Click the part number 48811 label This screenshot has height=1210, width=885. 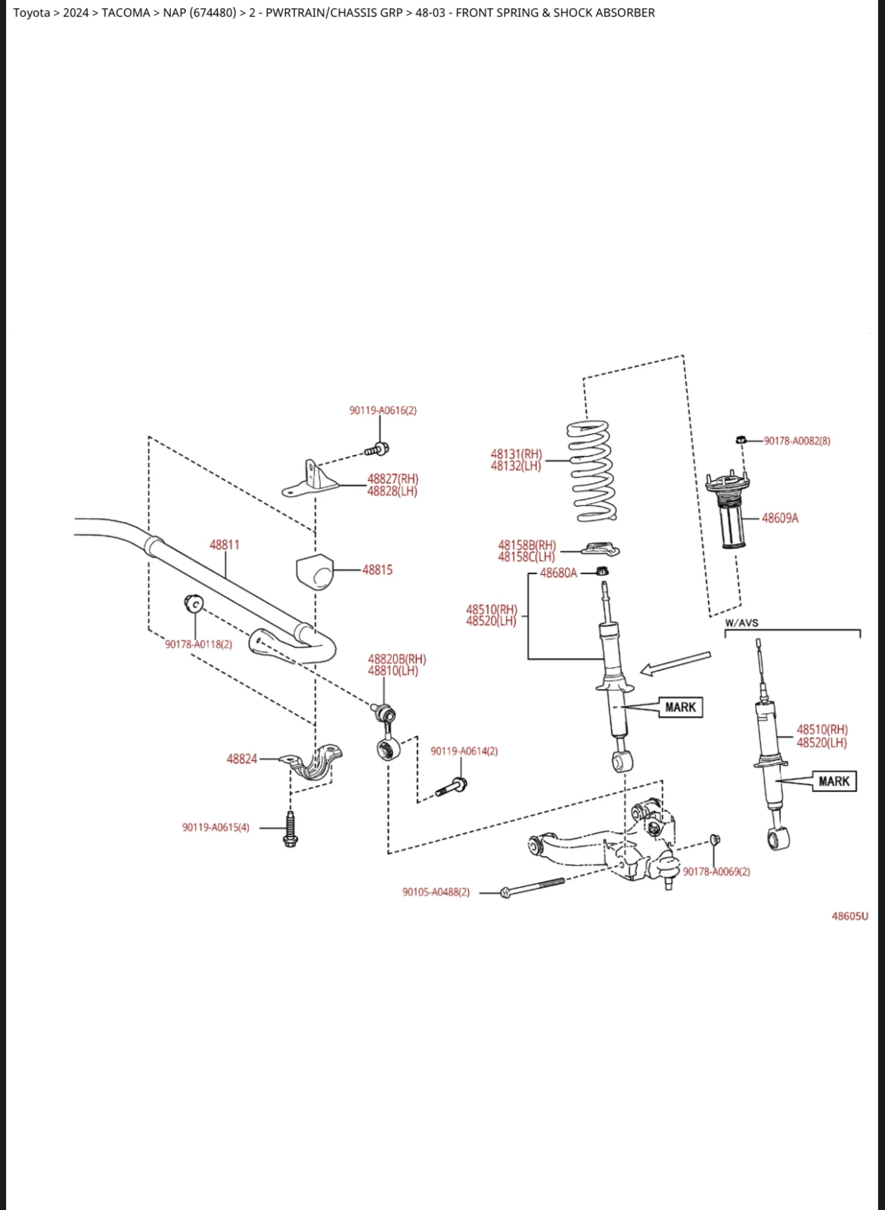coord(224,544)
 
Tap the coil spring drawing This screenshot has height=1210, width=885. coord(592,471)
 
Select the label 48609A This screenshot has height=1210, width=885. coord(780,518)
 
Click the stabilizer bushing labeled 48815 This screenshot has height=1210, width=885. coord(315,571)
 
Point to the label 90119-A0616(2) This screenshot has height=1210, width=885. coord(383,410)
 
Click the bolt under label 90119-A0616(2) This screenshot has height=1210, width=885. coord(377,449)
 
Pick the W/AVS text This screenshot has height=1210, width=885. coord(741,623)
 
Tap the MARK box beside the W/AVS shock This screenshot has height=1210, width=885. coord(834,781)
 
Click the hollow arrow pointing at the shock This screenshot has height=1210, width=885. coord(675,663)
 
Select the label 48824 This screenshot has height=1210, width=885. coord(242,759)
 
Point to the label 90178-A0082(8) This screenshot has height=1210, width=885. coord(797,441)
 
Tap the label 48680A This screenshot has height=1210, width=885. coord(559,572)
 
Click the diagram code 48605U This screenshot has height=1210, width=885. coord(850,916)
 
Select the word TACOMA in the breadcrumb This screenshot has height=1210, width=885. coord(126,12)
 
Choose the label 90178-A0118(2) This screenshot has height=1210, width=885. coord(199,644)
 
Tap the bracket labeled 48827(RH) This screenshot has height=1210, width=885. coord(310,479)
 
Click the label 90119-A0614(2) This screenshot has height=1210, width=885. coord(464,751)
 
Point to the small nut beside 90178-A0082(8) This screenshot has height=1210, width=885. coord(741,439)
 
